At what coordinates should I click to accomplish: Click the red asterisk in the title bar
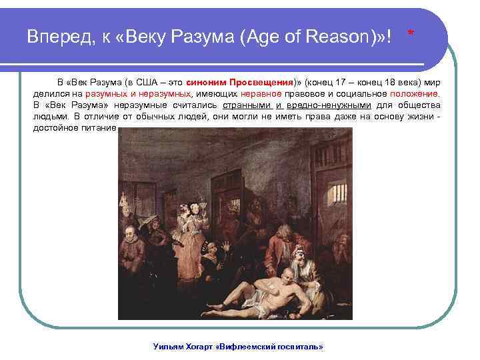coord(411,33)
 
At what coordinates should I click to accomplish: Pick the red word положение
coord(417,94)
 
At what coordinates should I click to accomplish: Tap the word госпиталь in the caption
coord(299,347)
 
